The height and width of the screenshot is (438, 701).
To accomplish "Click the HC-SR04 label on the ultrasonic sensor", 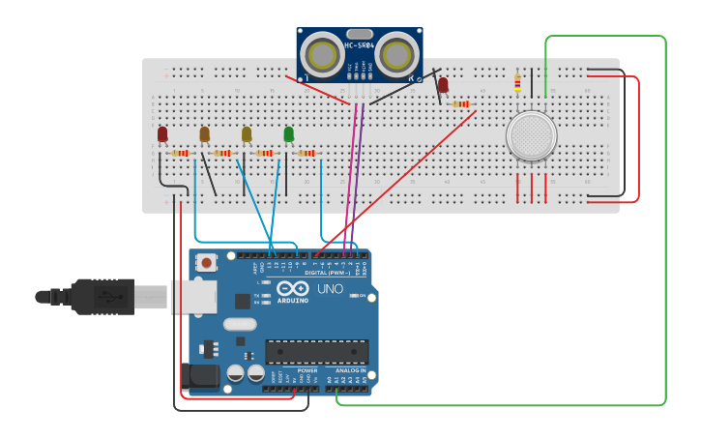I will coord(359,45).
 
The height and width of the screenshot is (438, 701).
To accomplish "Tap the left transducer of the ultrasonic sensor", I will coord(320,54).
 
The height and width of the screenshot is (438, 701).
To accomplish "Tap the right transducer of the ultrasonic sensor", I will coord(397,54).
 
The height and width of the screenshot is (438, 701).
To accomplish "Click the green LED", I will coord(288,133).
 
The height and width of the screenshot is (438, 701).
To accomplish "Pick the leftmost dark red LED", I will coord(162,133).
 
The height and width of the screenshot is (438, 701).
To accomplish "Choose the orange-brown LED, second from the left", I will coord(204,133).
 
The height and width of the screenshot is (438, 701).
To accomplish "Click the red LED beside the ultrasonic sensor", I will coord(443,85).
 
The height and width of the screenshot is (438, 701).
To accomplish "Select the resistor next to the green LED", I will coord(307,153).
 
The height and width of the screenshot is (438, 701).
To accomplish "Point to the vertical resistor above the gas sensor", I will coord(517,82).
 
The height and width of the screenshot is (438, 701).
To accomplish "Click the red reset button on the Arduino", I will coord(206,262).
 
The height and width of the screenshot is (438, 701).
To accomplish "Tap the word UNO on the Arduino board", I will coord(330,288).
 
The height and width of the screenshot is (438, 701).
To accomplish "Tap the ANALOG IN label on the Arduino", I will coord(350,370).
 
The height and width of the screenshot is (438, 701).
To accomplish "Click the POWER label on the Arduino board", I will coord(307,370).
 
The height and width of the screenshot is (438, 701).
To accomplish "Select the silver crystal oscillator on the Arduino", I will coord(240,325).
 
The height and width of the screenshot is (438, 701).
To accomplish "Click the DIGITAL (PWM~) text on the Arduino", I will coord(328,273).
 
